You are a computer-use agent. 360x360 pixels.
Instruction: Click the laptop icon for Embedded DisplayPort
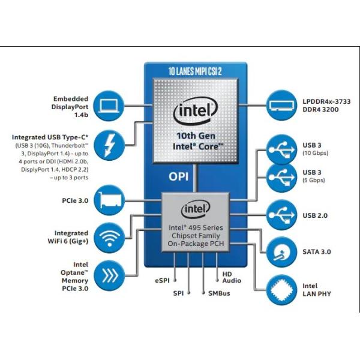click(109, 106)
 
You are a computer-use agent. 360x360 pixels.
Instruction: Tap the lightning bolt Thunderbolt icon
click(109, 143)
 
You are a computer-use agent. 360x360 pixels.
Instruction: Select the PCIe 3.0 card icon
click(109, 200)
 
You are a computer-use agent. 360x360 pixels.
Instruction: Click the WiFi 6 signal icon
click(109, 237)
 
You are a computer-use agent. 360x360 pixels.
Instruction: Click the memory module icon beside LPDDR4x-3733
click(282, 106)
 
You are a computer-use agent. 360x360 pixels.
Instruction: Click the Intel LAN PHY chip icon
click(282, 289)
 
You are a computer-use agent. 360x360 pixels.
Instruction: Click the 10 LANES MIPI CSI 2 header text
click(195, 71)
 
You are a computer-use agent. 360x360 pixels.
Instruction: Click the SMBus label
click(220, 293)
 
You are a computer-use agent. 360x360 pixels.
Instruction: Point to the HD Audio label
click(232, 277)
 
